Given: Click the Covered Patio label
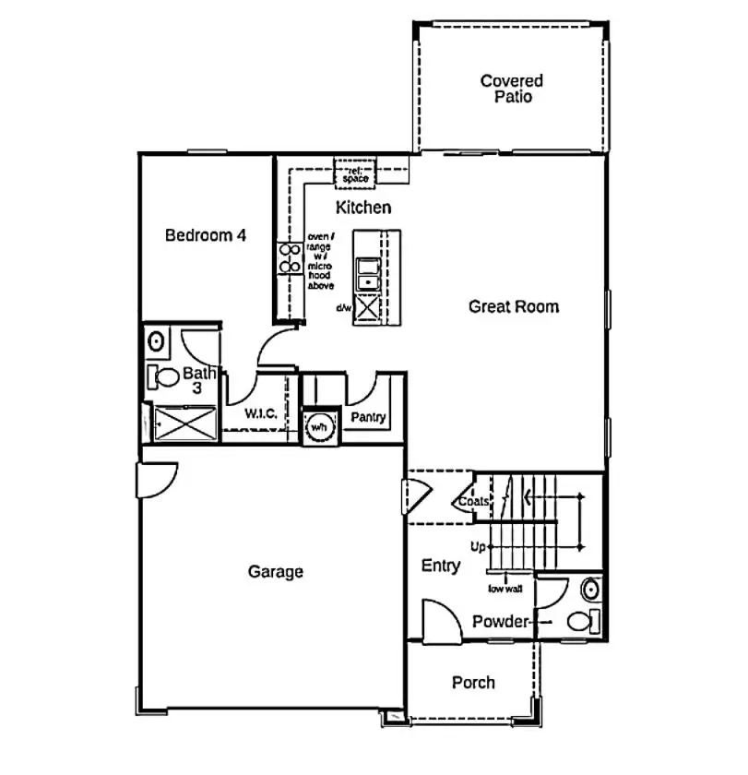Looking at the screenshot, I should click(511, 89).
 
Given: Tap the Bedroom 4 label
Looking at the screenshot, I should click(205, 235).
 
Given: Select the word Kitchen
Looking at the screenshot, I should click(362, 208).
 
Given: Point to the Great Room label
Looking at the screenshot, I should click(513, 306).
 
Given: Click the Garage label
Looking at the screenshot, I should click(275, 572).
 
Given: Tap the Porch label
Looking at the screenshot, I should click(473, 683).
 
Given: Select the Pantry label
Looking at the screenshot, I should click(368, 419).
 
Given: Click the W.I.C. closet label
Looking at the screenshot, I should click(262, 414).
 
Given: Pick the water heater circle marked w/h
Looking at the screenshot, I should click(319, 427).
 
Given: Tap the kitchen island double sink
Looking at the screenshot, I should click(368, 272).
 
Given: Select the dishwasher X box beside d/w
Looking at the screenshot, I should click(368, 307).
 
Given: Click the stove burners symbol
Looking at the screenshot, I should click(288, 258).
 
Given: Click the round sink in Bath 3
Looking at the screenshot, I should click(156, 341).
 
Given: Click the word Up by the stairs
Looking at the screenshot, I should click(478, 547).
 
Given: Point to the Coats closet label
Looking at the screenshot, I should click(473, 501).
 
